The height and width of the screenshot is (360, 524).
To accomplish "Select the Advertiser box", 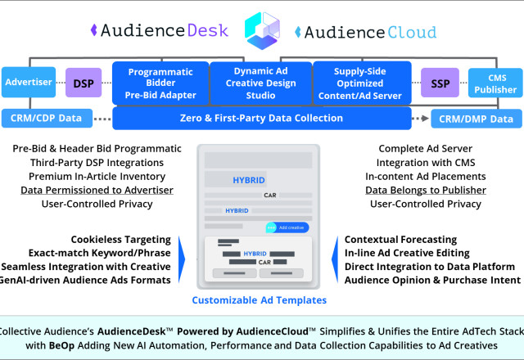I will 29,83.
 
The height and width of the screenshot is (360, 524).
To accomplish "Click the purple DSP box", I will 83,83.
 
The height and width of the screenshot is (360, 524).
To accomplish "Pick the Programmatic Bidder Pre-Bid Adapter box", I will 160,83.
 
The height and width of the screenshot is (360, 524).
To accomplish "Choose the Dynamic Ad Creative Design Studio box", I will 260,83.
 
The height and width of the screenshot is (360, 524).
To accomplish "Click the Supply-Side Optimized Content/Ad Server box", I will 361,83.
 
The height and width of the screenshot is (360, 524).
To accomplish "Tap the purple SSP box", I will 440,83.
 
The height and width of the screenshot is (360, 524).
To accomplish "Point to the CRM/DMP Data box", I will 477,119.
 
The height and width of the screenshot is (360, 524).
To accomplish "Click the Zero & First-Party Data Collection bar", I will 261,119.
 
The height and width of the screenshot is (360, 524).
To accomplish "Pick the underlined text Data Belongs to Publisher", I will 425,190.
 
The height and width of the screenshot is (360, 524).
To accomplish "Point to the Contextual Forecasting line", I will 400,239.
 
